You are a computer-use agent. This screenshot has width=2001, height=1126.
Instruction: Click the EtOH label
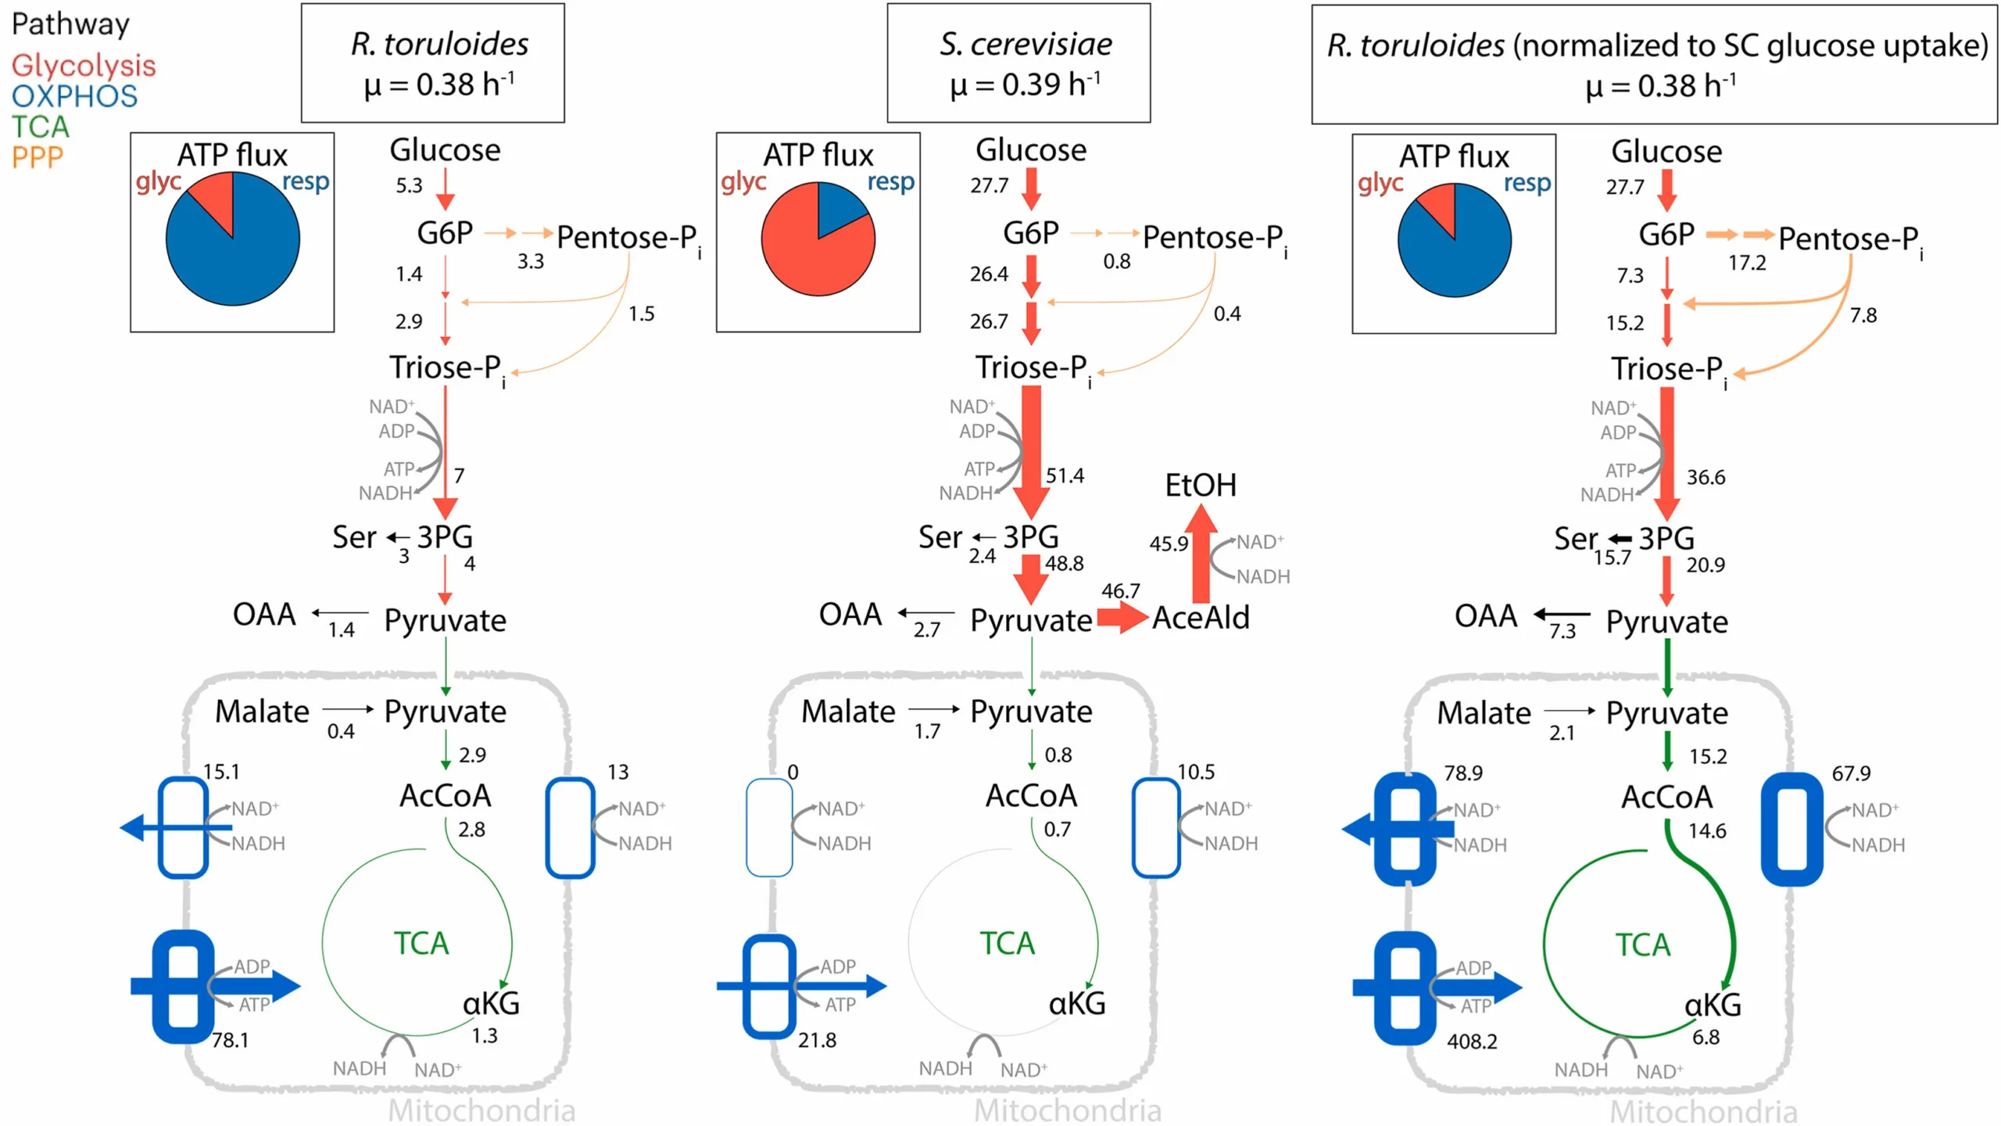(x=1200, y=485)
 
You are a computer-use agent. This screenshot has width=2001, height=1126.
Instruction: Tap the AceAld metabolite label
(x=1201, y=618)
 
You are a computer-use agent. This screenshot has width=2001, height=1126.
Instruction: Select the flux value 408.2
(x=1471, y=1042)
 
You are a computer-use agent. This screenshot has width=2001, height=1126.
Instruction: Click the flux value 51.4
(x=1065, y=475)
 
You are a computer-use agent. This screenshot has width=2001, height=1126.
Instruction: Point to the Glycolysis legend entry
(x=83, y=65)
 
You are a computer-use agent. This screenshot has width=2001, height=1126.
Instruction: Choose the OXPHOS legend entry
(x=74, y=96)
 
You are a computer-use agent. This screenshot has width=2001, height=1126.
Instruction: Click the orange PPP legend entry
(x=37, y=157)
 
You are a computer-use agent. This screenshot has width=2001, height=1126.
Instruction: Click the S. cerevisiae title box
(x=1018, y=63)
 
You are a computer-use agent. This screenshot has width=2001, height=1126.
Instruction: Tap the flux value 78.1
(x=230, y=1040)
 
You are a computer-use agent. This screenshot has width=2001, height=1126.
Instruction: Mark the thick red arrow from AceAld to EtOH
(x=1200, y=555)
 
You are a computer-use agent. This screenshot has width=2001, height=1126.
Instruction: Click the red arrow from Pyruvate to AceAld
(x=1121, y=618)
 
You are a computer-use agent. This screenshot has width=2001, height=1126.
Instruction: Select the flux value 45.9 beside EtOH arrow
(x=1168, y=543)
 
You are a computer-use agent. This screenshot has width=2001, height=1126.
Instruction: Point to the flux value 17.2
(x=1746, y=263)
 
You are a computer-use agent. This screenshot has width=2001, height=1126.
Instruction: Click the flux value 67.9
(x=1851, y=773)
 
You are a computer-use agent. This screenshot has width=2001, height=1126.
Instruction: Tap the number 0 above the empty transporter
(x=793, y=772)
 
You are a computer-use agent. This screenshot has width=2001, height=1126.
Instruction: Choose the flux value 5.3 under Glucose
(x=408, y=185)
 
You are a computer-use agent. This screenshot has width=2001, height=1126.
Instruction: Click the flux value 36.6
(x=1706, y=477)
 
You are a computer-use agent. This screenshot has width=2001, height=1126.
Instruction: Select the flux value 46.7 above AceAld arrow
(x=1120, y=591)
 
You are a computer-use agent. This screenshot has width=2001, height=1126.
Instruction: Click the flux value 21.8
(x=816, y=1040)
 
